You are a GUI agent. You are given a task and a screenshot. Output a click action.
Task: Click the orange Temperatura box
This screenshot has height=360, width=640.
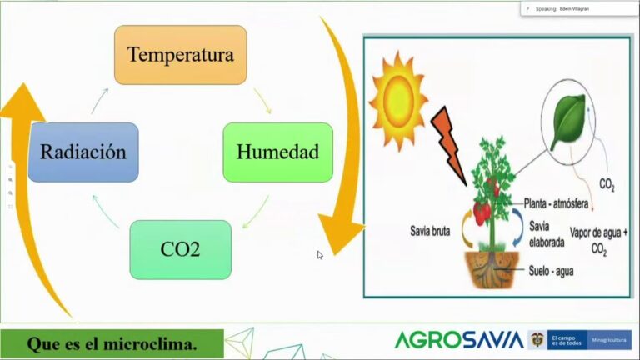coord(180,55)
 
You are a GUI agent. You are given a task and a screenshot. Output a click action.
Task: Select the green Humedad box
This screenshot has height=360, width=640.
coord(277,152)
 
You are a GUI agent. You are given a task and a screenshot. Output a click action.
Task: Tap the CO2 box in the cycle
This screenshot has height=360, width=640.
coord(180,249)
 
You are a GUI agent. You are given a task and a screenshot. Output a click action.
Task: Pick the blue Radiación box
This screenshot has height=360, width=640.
coord(83,152)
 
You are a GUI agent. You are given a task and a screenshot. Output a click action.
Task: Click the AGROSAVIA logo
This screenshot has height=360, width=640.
coord(458,340)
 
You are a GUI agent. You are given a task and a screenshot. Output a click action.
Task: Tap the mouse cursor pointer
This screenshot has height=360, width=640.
coord(320,255)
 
